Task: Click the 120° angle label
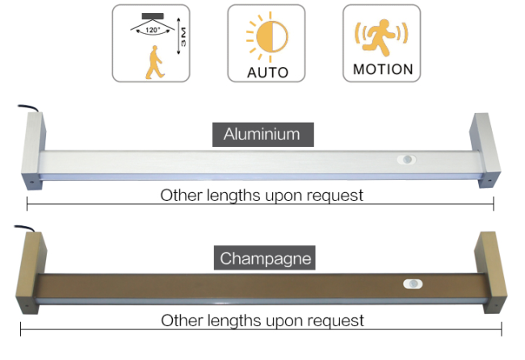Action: tap(153, 30)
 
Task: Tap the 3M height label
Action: tap(183, 37)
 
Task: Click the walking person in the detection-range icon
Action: tap(154, 62)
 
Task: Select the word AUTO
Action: tap(267, 73)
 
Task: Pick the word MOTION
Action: tap(383, 69)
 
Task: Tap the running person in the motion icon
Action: tap(381, 37)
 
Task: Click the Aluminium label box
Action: tap(263, 135)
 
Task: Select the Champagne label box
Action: tap(265, 258)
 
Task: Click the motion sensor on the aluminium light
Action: tap(407, 159)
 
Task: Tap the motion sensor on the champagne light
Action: tap(413, 284)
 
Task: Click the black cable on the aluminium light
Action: tap(28, 107)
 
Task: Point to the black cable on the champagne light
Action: tap(24, 228)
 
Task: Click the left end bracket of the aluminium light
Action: tap(33, 151)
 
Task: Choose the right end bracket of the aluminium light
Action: tap(485, 150)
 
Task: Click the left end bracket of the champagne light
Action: tap(31, 273)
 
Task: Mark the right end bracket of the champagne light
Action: tap(490, 272)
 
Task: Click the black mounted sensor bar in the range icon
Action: tap(153, 16)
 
